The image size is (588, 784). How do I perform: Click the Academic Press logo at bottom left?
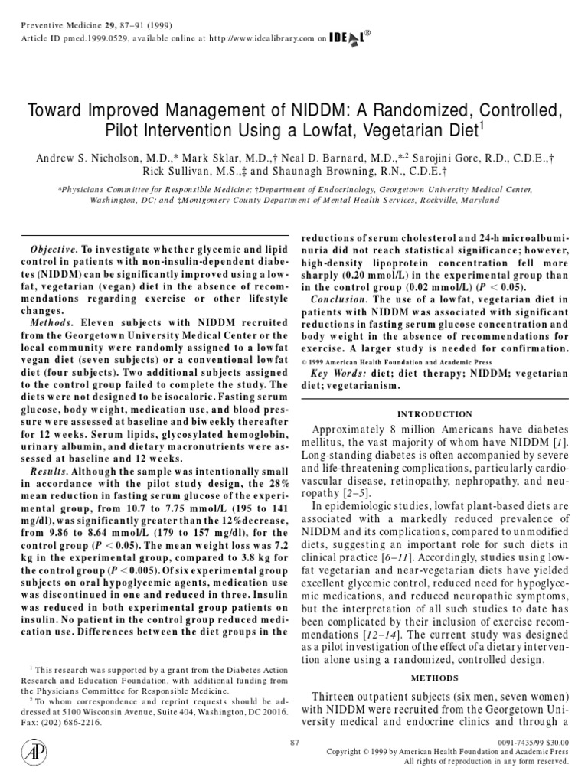pos(34,753)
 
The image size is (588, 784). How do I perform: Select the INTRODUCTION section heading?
pos(434,413)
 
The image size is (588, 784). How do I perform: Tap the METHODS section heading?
pos(434,678)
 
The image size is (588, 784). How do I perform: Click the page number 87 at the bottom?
pos(295,742)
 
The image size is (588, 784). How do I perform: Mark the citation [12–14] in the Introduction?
pos(374,637)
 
